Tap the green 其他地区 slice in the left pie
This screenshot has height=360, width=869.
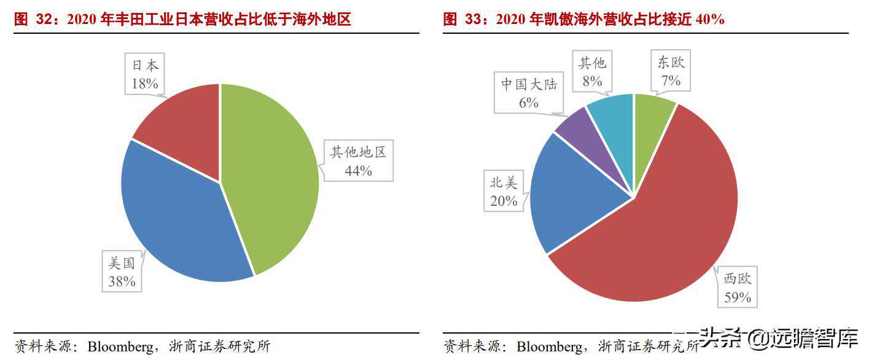[x=270, y=178]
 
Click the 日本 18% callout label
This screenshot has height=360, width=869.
[x=145, y=74]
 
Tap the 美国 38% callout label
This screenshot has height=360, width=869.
[x=122, y=273]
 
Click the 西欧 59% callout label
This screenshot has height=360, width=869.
[x=738, y=288]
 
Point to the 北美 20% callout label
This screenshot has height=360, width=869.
[x=504, y=191]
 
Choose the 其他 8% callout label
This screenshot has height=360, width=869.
[x=592, y=71]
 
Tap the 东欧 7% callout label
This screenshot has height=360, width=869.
[x=671, y=71]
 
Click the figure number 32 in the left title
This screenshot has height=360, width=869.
[x=43, y=20]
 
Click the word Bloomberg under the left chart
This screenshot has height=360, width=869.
[x=120, y=346]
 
